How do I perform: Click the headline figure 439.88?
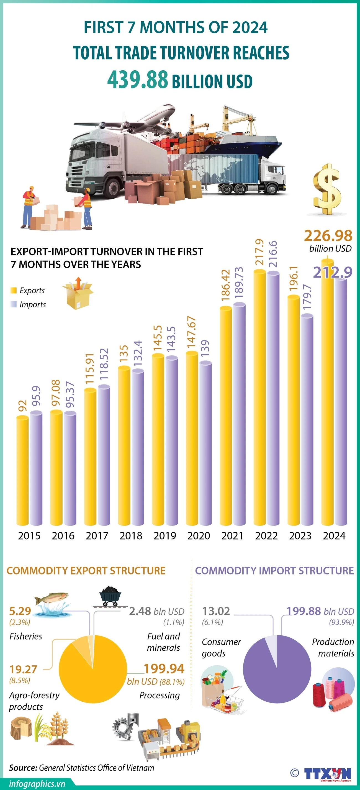pos(138,79)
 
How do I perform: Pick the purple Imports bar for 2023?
pos(307,420)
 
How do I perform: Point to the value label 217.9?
pos(259,252)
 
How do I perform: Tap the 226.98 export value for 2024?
pos(328,236)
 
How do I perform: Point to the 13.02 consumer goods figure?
pos(216,611)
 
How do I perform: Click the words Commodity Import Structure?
pos(274,571)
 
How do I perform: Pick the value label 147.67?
pos(192,332)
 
